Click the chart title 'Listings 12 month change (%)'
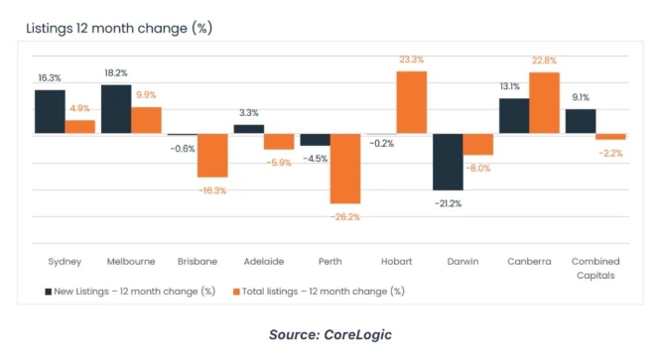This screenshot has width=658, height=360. tap(118, 28)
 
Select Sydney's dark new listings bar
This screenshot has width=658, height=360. tap(50, 111)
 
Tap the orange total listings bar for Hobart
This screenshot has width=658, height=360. tap(411, 102)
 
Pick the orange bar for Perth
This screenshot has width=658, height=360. tap(344, 169)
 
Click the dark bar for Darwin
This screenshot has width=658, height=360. tap(448, 162)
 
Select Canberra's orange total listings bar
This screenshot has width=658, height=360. tap(544, 103)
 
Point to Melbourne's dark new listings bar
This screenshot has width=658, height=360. tap(116, 109)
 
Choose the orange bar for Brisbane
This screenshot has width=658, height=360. tap(211, 156)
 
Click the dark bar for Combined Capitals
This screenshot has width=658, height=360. tap(581, 121)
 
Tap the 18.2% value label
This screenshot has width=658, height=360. tap(116, 73)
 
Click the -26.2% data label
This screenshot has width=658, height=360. tap(344, 216)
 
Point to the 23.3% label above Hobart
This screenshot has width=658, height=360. tap(411, 60)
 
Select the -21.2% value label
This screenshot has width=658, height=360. tap(448, 203)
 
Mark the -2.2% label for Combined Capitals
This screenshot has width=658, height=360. tap(611, 153)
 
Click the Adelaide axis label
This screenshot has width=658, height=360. tap(263, 261)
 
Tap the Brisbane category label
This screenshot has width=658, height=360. tap(197, 261)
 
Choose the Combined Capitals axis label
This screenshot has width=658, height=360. tap(594, 268)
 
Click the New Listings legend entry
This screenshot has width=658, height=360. tap(130, 292)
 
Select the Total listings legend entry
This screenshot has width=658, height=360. tap(319, 292)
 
